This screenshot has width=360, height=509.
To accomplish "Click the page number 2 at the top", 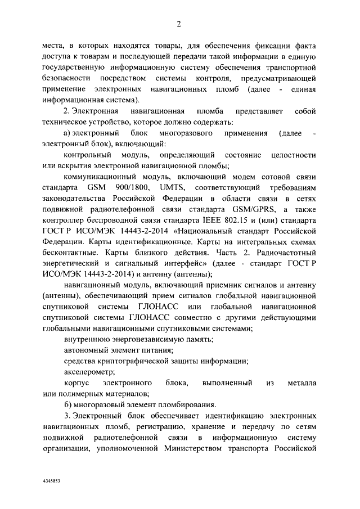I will coord(178,24).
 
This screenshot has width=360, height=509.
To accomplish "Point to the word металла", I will coord(303,383).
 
